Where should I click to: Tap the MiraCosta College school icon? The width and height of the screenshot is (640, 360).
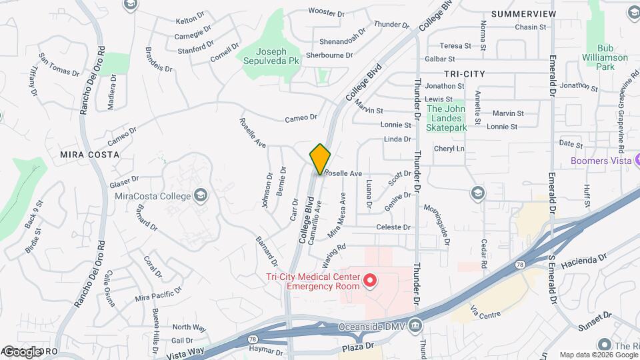200,196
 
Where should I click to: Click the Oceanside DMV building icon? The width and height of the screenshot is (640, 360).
416,325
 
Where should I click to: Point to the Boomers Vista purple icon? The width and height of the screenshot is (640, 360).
636,161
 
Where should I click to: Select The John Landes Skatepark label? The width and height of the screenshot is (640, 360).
444,118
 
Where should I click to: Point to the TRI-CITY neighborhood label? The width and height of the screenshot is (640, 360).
465,73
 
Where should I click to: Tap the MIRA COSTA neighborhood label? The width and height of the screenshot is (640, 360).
89,154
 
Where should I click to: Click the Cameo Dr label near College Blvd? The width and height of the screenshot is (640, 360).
301,117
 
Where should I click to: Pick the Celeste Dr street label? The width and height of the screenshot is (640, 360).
393,227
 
